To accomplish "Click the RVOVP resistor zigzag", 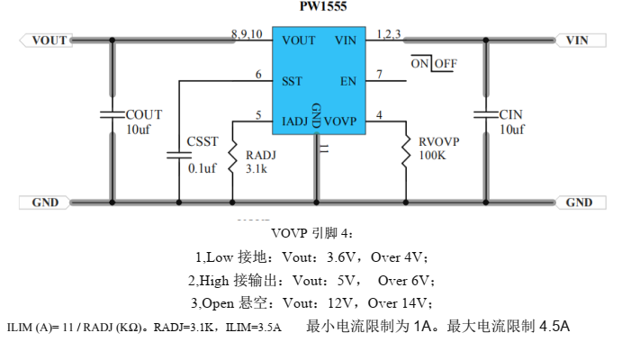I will (x=407, y=152).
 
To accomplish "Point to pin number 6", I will (x=258, y=75).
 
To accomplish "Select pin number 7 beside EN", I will (x=380, y=75).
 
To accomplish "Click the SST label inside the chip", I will (x=292, y=81).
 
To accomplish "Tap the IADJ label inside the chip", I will (x=296, y=121).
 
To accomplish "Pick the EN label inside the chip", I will (x=347, y=81).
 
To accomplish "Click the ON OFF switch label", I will (x=433, y=64).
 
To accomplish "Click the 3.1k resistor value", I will (x=257, y=168).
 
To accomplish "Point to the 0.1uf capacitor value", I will (x=203, y=168).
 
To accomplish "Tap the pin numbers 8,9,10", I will (x=246, y=34).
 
